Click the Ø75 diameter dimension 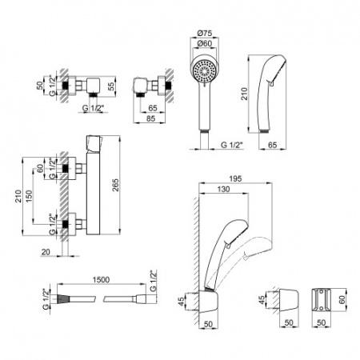(205, 33)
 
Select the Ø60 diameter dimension (205, 43)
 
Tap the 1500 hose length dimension (101, 279)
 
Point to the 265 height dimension (115, 185)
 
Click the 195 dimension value (235, 178)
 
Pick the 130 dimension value (223, 189)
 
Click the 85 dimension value (150, 118)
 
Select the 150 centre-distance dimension (29, 196)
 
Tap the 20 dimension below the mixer (46, 252)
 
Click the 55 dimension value (111, 86)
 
